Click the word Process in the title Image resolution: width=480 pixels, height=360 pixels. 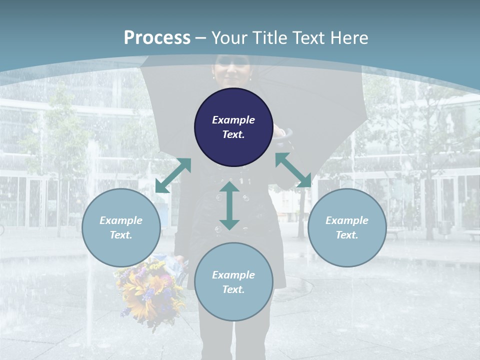(x=157, y=37)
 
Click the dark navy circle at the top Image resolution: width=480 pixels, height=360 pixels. (x=233, y=127)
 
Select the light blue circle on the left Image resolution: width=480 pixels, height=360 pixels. (x=121, y=227)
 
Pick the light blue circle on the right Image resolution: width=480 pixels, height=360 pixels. (x=347, y=227)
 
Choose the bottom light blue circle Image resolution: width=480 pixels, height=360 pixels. (x=233, y=281)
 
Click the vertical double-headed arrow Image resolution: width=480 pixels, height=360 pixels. (x=229, y=205)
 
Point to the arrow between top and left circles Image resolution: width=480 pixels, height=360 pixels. (x=173, y=175)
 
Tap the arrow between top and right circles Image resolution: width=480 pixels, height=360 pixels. (x=293, y=170)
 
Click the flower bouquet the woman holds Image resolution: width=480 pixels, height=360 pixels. (x=150, y=287)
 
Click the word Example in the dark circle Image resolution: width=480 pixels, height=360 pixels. (x=233, y=120)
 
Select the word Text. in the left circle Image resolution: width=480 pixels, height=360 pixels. (x=121, y=235)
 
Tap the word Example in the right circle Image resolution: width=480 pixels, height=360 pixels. (x=347, y=220)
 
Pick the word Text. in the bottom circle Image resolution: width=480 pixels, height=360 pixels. (x=233, y=289)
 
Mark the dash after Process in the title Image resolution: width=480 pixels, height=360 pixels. (x=200, y=38)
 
